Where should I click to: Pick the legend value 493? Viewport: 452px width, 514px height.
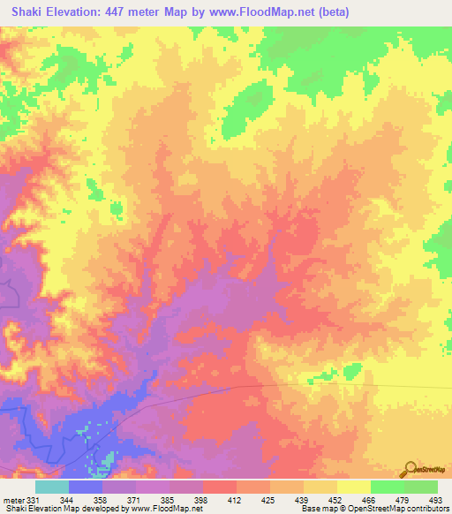coord(436,500)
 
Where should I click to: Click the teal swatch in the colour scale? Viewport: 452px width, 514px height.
coord(51,487)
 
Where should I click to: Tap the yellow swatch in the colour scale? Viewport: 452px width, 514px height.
coord(353,487)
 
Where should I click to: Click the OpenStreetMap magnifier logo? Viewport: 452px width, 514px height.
coord(411,468)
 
